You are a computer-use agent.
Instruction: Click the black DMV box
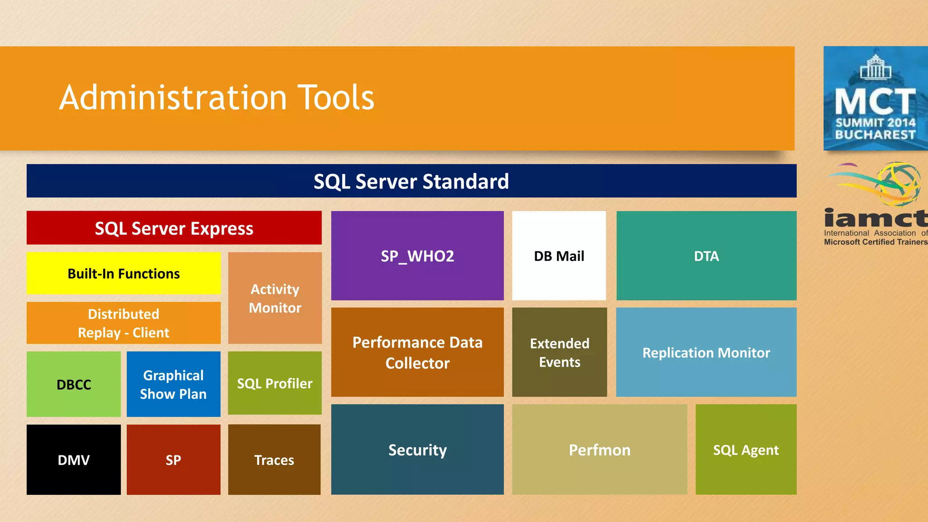tap(73, 459)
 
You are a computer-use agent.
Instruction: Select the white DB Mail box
tap(559, 256)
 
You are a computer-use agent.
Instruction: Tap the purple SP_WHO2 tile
tap(417, 256)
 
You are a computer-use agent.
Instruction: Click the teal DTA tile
tap(706, 256)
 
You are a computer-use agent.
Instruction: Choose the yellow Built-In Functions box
tap(123, 273)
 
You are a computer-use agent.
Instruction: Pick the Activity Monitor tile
tap(275, 298)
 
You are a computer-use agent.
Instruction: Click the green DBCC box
tap(73, 384)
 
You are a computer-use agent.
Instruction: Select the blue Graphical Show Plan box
tap(173, 384)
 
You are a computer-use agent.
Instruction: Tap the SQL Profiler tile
tap(275, 383)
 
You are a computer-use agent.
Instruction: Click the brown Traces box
tap(274, 459)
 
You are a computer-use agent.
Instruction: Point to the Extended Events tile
tap(559, 352)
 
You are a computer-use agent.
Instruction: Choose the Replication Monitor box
tap(706, 352)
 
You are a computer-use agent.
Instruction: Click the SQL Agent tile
tap(745, 449)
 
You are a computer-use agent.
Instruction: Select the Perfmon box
tap(599, 449)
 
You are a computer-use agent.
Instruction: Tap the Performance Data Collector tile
tap(417, 352)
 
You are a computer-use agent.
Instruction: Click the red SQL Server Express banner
tap(174, 228)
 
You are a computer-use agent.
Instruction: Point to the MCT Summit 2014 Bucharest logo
tap(875, 98)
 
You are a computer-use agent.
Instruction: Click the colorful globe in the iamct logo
tap(899, 184)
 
